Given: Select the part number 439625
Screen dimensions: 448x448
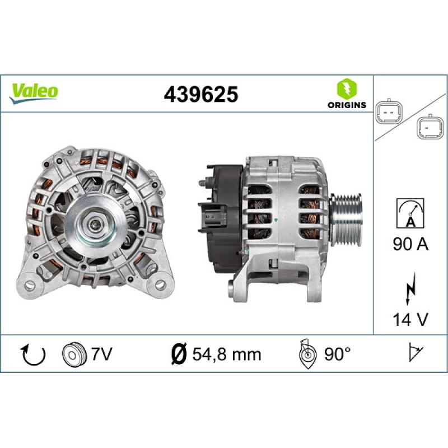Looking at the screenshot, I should (201, 94).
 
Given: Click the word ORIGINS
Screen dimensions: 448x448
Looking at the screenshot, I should (347, 104).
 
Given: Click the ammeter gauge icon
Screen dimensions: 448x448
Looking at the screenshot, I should (410, 213).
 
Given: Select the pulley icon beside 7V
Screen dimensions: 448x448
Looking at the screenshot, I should (72, 354).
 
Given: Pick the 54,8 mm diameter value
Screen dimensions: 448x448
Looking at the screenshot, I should (226, 354).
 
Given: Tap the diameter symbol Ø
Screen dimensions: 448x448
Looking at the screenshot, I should (178, 354).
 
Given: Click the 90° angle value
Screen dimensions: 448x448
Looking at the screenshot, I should (337, 354).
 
